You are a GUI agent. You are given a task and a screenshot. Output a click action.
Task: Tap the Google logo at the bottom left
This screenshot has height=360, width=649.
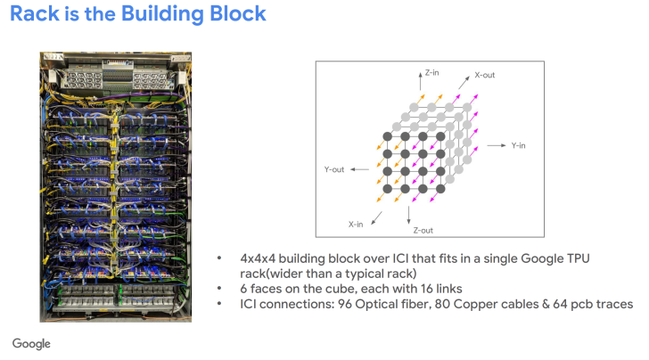tap(31, 344)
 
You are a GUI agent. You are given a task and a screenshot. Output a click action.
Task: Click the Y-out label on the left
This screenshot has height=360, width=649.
tap(334, 168)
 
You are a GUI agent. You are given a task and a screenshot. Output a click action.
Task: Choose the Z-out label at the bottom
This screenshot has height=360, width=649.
tap(424, 230)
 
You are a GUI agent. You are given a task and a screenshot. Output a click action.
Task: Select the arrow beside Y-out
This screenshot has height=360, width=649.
tap(358, 168)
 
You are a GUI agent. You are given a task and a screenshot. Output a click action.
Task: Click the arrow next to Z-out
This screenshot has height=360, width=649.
tap(408, 214)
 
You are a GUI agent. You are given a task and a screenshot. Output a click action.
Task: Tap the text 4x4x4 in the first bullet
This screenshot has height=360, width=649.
tap(258, 258)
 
